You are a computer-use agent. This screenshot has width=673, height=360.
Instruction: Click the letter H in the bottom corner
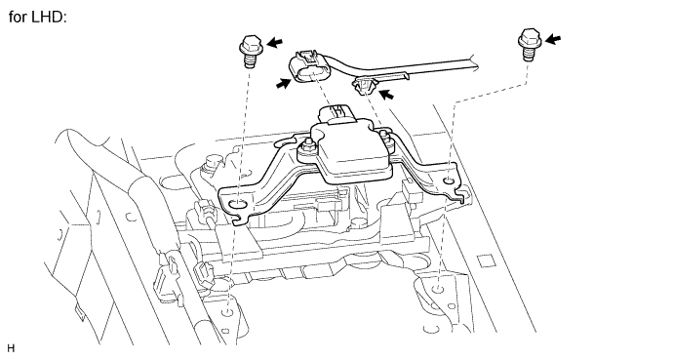pos(11,347)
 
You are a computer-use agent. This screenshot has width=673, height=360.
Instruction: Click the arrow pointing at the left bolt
pos(276,43)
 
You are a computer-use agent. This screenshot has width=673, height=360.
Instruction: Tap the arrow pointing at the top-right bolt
pos(554,38)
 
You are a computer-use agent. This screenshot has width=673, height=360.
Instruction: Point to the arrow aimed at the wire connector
pos(285,85)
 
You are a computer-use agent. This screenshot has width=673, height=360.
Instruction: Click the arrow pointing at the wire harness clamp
pos(387,95)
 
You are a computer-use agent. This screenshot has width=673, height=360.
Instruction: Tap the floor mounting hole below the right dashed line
pos(438,290)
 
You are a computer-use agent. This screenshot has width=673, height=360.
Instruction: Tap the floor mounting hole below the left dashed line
pos(226,315)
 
